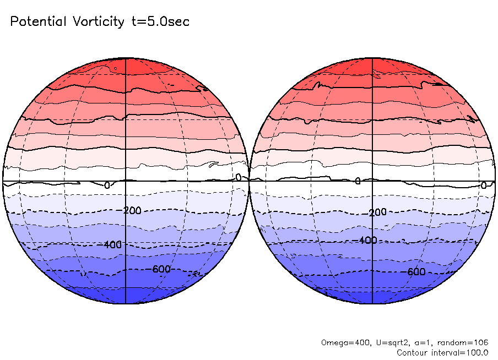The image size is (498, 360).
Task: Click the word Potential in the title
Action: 37,22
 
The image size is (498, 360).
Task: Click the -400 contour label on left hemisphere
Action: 113,244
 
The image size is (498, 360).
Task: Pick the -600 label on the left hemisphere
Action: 160,269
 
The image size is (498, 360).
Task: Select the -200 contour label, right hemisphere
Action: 377,212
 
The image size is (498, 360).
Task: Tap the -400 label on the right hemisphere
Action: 366,241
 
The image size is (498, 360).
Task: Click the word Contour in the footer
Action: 412,352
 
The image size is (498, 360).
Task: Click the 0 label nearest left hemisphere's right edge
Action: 239,177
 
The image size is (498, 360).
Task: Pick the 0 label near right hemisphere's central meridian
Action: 358,181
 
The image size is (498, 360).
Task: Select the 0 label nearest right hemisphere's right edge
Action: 483,186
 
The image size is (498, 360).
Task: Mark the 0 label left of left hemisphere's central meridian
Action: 107,186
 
